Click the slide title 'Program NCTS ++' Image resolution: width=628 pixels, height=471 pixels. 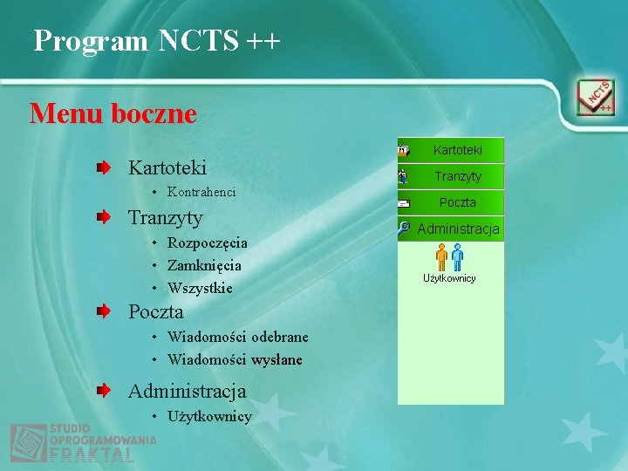pos(157,40)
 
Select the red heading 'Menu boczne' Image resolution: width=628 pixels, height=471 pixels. pos(113,113)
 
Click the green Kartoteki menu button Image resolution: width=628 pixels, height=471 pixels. pos(457,150)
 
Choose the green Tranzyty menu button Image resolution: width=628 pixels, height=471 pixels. pos(457,176)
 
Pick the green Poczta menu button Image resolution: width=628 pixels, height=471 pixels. pos(457,202)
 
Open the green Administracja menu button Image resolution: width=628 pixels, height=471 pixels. pos(458,229)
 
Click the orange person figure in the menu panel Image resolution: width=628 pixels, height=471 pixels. pos(441,257)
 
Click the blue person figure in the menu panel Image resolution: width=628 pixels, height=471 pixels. pos(458,257)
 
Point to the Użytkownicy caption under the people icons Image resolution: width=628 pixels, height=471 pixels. pos(449,278)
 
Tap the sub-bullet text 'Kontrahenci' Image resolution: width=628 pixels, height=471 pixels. pos(201,191)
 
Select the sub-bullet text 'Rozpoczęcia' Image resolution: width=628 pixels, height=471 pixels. pos(208,242)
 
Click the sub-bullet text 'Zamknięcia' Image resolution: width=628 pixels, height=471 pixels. pos(204,265)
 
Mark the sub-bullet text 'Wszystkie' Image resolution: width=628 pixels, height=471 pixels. pos(200,288)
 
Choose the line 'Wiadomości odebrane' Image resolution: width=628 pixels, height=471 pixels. pos(237,337)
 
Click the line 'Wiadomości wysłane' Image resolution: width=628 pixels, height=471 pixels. pos(235,359)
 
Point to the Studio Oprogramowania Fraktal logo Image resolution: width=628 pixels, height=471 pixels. pos(83,443)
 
